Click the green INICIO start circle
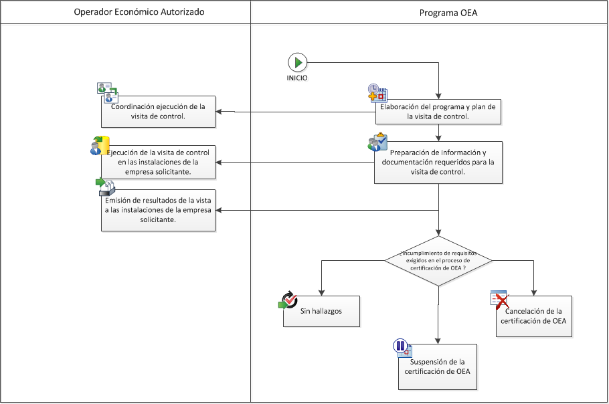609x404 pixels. point(297,63)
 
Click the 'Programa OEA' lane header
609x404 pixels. point(429,12)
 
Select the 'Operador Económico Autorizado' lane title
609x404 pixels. point(126,12)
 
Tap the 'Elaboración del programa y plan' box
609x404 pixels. point(438,111)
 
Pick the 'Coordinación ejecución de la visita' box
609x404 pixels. point(159,111)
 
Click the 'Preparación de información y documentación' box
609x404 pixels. point(438,162)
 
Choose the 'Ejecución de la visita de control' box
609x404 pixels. point(159,162)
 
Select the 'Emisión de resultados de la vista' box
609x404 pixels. point(159,211)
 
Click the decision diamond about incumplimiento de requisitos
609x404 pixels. point(438,261)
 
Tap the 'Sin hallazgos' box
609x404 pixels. point(322,312)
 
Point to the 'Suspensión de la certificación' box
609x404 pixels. point(438,367)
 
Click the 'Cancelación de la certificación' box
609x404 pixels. point(535,316)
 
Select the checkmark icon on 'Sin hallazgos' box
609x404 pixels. point(288,300)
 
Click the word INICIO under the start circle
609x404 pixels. point(297,78)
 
